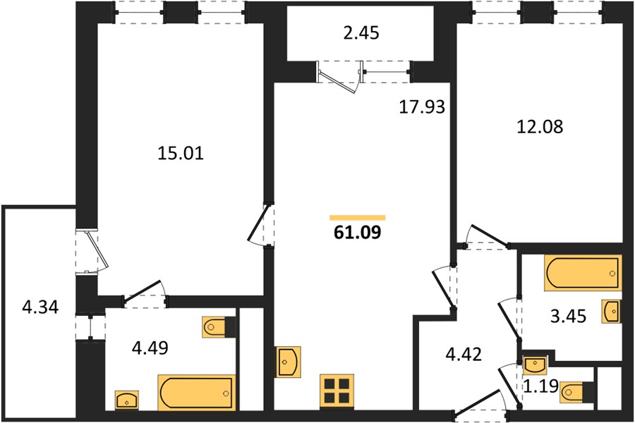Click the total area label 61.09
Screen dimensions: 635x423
(x=358, y=233)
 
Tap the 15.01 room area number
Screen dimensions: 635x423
(x=180, y=154)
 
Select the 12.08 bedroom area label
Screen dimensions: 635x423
(x=540, y=127)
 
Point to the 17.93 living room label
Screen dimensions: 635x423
(x=422, y=107)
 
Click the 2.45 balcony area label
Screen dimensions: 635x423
(x=361, y=33)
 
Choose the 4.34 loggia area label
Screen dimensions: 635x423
(x=40, y=307)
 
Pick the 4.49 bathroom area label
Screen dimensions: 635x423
(x=150, y=348)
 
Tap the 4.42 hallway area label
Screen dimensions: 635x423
(x=464, y=354)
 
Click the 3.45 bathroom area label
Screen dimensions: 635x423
(x=568, y=316)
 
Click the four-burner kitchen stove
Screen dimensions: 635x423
(x=337, y=391)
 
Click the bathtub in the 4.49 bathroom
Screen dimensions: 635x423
(x=196, y=393)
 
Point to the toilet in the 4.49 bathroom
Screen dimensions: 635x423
(x=219, y=326)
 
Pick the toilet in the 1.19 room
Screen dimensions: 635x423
(x=576, y=392)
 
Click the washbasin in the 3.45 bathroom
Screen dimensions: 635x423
(x=611, y=312)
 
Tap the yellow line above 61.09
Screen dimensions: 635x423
(x=358, y=218)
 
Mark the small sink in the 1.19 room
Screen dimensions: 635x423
(x=535, y=365)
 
